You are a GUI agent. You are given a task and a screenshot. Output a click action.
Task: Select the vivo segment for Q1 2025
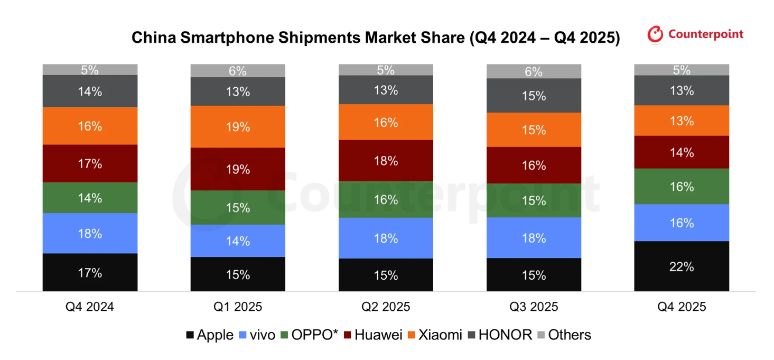[238, 241]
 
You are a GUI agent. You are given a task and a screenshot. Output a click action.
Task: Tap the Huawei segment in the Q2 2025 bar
[386, 161]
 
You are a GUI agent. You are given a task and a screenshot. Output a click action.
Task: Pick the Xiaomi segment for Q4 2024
[90, 126]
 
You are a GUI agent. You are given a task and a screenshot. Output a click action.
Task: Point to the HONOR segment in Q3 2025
[534, 96]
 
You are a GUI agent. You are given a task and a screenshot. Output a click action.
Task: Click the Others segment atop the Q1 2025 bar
[238, 71]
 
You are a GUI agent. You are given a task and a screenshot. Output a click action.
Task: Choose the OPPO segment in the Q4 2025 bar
[682, 186]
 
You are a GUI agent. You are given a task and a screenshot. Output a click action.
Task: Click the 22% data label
[682, 267]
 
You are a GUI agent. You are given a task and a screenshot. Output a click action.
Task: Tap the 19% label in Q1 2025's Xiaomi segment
[238, 127]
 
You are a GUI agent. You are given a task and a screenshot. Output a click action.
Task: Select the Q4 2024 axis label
[90, 307]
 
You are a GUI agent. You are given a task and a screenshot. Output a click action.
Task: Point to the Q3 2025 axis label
[534, 307]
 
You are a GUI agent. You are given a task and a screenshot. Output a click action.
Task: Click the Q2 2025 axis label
[386, 307]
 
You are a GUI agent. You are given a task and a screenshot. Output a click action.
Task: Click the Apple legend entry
[210, 335]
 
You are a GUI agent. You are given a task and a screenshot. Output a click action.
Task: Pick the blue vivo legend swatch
[243, 335]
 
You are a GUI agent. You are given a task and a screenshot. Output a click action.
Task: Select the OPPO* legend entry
[309, 335]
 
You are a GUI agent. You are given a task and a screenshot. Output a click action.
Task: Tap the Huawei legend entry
[372, 335]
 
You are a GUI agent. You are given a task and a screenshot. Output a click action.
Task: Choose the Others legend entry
[564, 335]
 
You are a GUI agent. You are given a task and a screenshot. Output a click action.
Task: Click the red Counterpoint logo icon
[655, 34]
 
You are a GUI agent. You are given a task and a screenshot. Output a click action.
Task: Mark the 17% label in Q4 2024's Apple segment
[90, 273]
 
